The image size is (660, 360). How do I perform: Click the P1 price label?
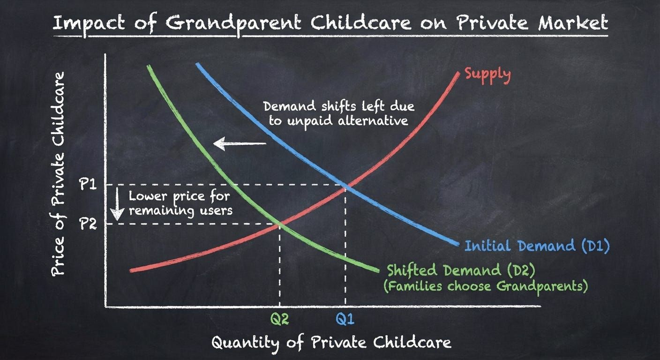point(88,185)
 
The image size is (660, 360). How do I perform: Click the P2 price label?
point(88,224)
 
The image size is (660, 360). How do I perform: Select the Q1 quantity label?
point(345,319)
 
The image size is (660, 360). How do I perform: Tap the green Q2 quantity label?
point(280,319)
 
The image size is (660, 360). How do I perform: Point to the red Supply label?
point(487,75)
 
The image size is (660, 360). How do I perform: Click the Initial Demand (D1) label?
point(537,246)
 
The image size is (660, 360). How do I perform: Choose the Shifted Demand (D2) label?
point(461,270)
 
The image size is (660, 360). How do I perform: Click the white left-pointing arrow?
point(240,144)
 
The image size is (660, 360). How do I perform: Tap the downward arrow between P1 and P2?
point(117,204)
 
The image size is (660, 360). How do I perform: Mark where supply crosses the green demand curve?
point(279,225)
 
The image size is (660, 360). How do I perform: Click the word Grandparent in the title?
point(233,23)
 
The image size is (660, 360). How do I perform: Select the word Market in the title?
point(573,22)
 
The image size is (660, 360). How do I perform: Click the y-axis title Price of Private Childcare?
point(58,174)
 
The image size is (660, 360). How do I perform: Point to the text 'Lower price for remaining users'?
point(180,203)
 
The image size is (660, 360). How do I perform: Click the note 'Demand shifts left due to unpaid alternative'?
point(339,114)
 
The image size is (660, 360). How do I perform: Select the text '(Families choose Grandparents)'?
point(485,286)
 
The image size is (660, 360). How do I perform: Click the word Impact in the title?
point(89,23)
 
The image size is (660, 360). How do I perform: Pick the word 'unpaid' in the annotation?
point(310,121)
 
